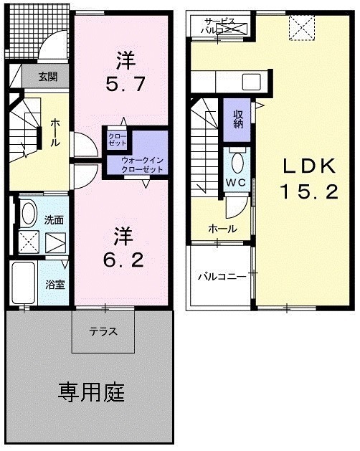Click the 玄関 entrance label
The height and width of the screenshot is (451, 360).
[x=38, y=76]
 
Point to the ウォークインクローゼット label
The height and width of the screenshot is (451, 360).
[x=142, y=164]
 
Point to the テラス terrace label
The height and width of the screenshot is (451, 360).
[x=103, y=332]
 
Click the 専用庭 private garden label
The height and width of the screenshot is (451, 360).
[x=91, y=392]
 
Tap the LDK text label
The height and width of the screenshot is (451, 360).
[x=308, y=166]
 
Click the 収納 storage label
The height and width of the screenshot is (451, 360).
[x=237, y=118]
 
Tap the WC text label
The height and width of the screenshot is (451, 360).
[x=237, y=182]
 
